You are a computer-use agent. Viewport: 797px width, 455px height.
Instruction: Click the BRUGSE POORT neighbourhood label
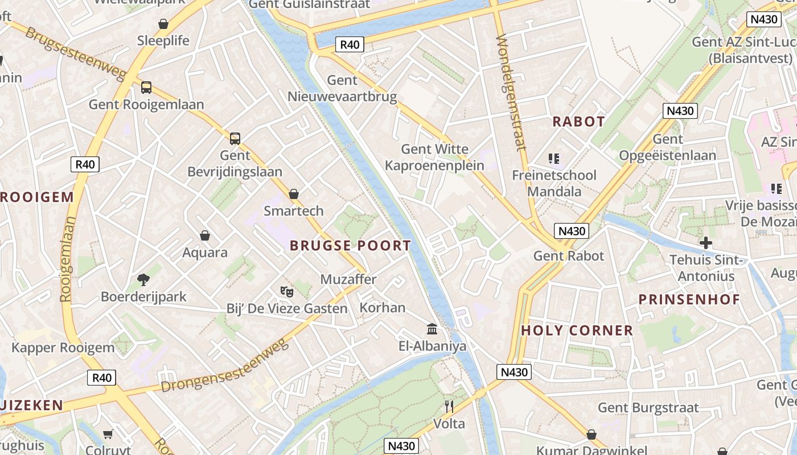pos(350,246)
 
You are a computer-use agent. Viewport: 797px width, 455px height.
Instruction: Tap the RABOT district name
pos(578,122)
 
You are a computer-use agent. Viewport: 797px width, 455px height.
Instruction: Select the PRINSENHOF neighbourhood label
pos(689,300)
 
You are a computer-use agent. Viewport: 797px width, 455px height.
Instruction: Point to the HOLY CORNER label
pos(577,330)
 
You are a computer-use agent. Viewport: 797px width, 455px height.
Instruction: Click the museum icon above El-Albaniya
pos(432,329)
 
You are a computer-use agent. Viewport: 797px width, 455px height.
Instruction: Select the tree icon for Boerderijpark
pos(143,279)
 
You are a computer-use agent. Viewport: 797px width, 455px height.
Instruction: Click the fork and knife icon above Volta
pos(449,406)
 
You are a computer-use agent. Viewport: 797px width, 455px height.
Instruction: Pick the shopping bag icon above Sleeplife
pos(163,24)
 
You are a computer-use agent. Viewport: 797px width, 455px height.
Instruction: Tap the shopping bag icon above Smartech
pos(294,194)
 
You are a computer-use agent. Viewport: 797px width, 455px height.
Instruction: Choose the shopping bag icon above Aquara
pos(205,235)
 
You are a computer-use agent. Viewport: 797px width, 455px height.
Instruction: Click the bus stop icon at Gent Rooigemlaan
pos(146,87)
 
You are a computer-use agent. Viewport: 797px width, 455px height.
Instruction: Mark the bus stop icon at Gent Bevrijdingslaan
pos(235,138)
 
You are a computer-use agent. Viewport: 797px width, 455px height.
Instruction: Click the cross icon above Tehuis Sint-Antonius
pos(706,243)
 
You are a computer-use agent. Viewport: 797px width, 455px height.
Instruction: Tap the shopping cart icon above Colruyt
pos(108,435)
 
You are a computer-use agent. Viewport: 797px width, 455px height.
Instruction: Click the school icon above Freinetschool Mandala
pos(554,158)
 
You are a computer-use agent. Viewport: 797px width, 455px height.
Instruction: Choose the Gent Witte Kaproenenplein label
pos(435,157)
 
